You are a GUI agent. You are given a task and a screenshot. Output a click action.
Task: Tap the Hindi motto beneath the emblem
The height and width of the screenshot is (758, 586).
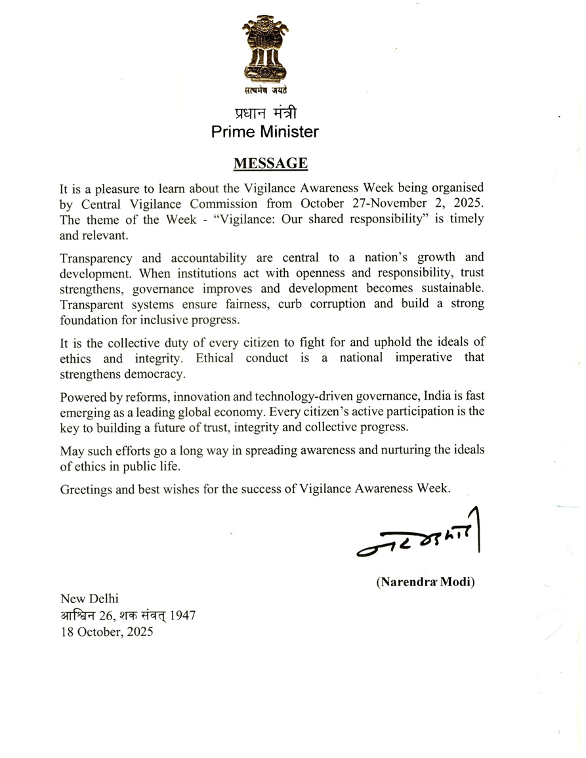[264, 93]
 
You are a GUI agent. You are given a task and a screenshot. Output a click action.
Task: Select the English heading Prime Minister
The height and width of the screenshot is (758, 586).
[264, 131]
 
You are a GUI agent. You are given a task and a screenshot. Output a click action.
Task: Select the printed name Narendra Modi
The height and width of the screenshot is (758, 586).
[425, 581]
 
